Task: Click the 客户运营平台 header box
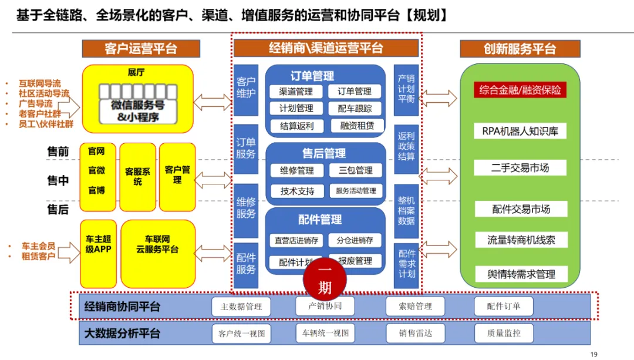tap(140, 49)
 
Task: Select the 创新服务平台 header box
tap(520, 49)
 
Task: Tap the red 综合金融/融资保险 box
tap(520, 90)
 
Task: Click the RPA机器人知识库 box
tap(520, 131)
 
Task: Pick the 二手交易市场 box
tap(520, 168)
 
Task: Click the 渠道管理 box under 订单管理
tap(296, 92)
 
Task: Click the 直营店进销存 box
tap(296, 240)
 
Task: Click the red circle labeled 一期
tap(324, 280)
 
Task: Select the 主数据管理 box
tap(241, 307)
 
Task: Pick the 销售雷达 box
tap(415, 333)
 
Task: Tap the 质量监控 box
tap(504, 333)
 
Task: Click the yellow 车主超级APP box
tap(98, 245)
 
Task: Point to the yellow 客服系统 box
tap(137, 177)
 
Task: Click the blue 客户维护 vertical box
tap(246, 88)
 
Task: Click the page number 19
tap(593, 354)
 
